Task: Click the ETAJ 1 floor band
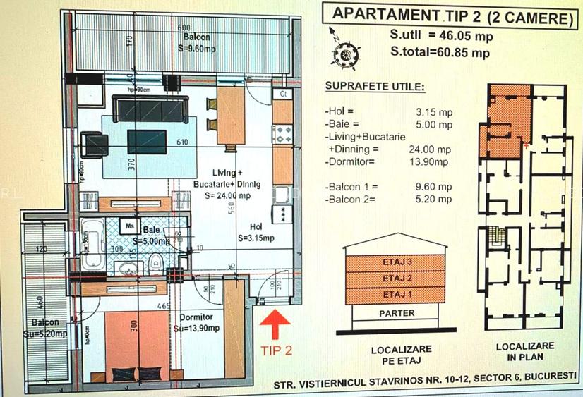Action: point(394,293)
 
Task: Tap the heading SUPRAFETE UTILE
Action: point(374,87)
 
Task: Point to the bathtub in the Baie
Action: point(92,245)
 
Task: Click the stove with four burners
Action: point(283,134)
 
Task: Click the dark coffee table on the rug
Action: point(147,141)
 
